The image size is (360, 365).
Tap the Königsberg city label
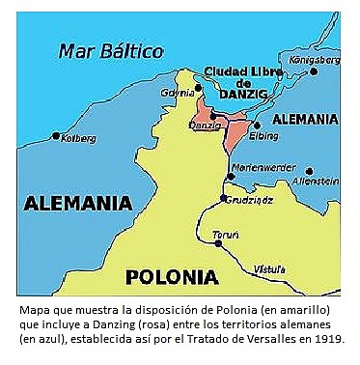point(316,59)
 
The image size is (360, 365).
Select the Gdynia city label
point(178,93)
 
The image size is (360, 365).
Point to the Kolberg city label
point(77,137)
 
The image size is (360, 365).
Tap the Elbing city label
point(263,136)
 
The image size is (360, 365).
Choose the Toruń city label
point(225,232)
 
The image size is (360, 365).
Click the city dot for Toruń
point(219,243)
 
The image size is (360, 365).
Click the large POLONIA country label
point(172,277)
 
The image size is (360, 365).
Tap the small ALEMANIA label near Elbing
point(306,120)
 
